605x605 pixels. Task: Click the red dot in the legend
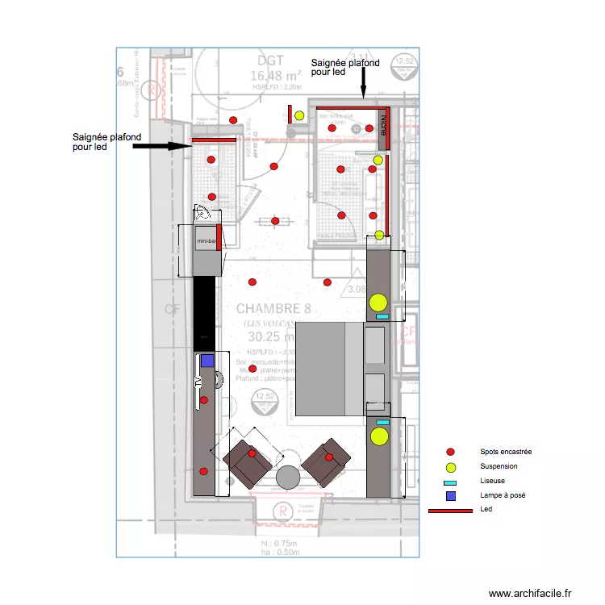tap(451, 452)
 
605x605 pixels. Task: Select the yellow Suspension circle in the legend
tap(451, 467)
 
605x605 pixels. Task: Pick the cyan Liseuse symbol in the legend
tap(451, 482)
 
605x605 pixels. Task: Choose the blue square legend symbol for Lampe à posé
tap(451, 495)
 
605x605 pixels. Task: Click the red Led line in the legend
tap(450, 511)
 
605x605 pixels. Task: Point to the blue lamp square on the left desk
tap(207, 361)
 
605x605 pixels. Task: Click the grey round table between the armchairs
tap(288, 478)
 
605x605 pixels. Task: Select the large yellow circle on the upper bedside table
tap(378, 303)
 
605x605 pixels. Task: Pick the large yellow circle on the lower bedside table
tap(378, 437)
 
